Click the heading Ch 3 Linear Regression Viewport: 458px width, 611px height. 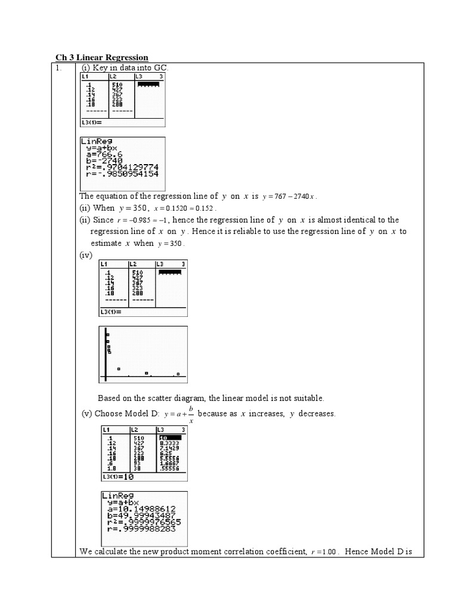pos(101,57)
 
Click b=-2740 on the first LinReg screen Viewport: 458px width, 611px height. pos(104,161)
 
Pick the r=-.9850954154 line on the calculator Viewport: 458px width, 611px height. pos(122,174)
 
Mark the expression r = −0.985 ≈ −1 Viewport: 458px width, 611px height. pos(140,220)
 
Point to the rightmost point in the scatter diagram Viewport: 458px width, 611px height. pos(178,374)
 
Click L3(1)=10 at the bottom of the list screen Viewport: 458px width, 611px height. pos(117,477)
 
